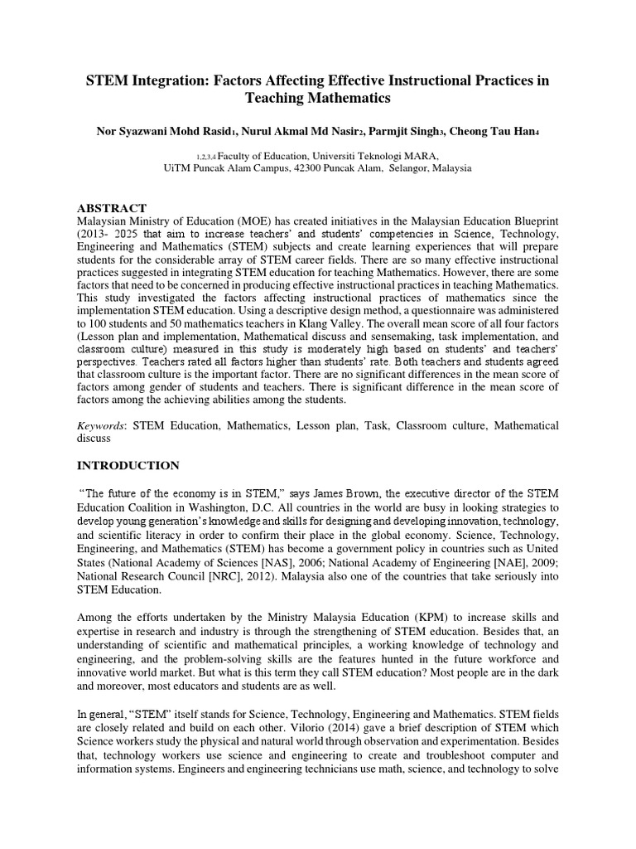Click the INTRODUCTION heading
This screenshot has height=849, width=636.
pyautogui.click(x=128, y=465)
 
